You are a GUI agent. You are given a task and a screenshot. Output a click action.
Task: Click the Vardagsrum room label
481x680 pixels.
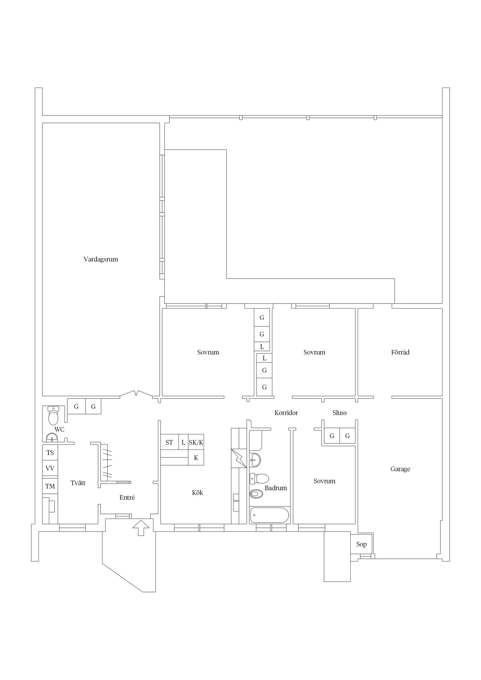(x=101, y=259)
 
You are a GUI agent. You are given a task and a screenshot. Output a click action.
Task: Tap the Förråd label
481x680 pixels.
(x=400, y=353)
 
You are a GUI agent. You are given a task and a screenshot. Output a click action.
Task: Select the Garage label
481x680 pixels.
(x=400, y=469)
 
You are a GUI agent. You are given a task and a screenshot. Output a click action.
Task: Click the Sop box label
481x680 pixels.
(x=361, y=544)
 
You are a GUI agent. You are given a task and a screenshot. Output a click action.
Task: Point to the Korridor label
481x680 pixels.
(x=286, y=413)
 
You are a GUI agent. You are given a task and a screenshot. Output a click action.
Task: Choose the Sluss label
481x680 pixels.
(x=339, y=413)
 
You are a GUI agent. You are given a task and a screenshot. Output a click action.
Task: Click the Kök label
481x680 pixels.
(x=197, y=493)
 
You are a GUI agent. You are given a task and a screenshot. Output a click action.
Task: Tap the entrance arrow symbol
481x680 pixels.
(x=141, y=527)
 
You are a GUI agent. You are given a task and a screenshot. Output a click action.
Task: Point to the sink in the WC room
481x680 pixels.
(x=52, y=437)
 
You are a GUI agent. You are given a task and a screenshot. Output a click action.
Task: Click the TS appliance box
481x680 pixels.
(x=50, y=452)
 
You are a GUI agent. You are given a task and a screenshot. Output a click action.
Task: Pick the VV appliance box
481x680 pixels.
(x=50, y=468)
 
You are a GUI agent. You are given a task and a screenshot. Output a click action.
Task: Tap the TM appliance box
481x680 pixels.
(x=50, y=486)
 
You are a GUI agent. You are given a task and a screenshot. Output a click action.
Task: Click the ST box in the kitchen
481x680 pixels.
(x=169, y=443)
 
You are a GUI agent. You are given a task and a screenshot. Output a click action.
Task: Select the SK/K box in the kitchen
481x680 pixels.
(x=196, y=443)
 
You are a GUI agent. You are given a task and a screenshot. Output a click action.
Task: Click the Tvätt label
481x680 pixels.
(x=78, y=483)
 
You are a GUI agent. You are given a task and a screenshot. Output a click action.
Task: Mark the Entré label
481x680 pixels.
(x=127, y=498)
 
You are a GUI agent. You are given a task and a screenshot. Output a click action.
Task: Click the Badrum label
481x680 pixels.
(x=275, y=488)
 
